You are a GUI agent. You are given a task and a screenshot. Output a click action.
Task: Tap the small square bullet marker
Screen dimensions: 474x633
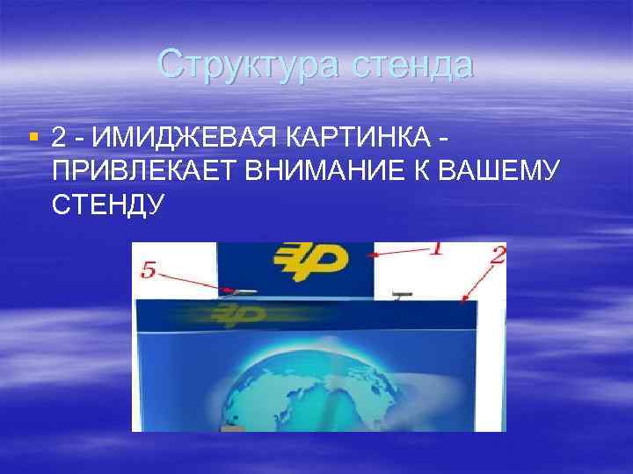[x=33, y=137]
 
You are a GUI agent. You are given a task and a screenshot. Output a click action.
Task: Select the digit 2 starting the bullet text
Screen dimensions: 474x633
[x=58, y=139]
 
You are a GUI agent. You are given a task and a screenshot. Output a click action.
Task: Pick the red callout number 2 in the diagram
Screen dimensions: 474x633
[x=497, y=255]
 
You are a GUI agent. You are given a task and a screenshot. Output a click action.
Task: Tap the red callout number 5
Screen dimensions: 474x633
[x=149, y=271]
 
